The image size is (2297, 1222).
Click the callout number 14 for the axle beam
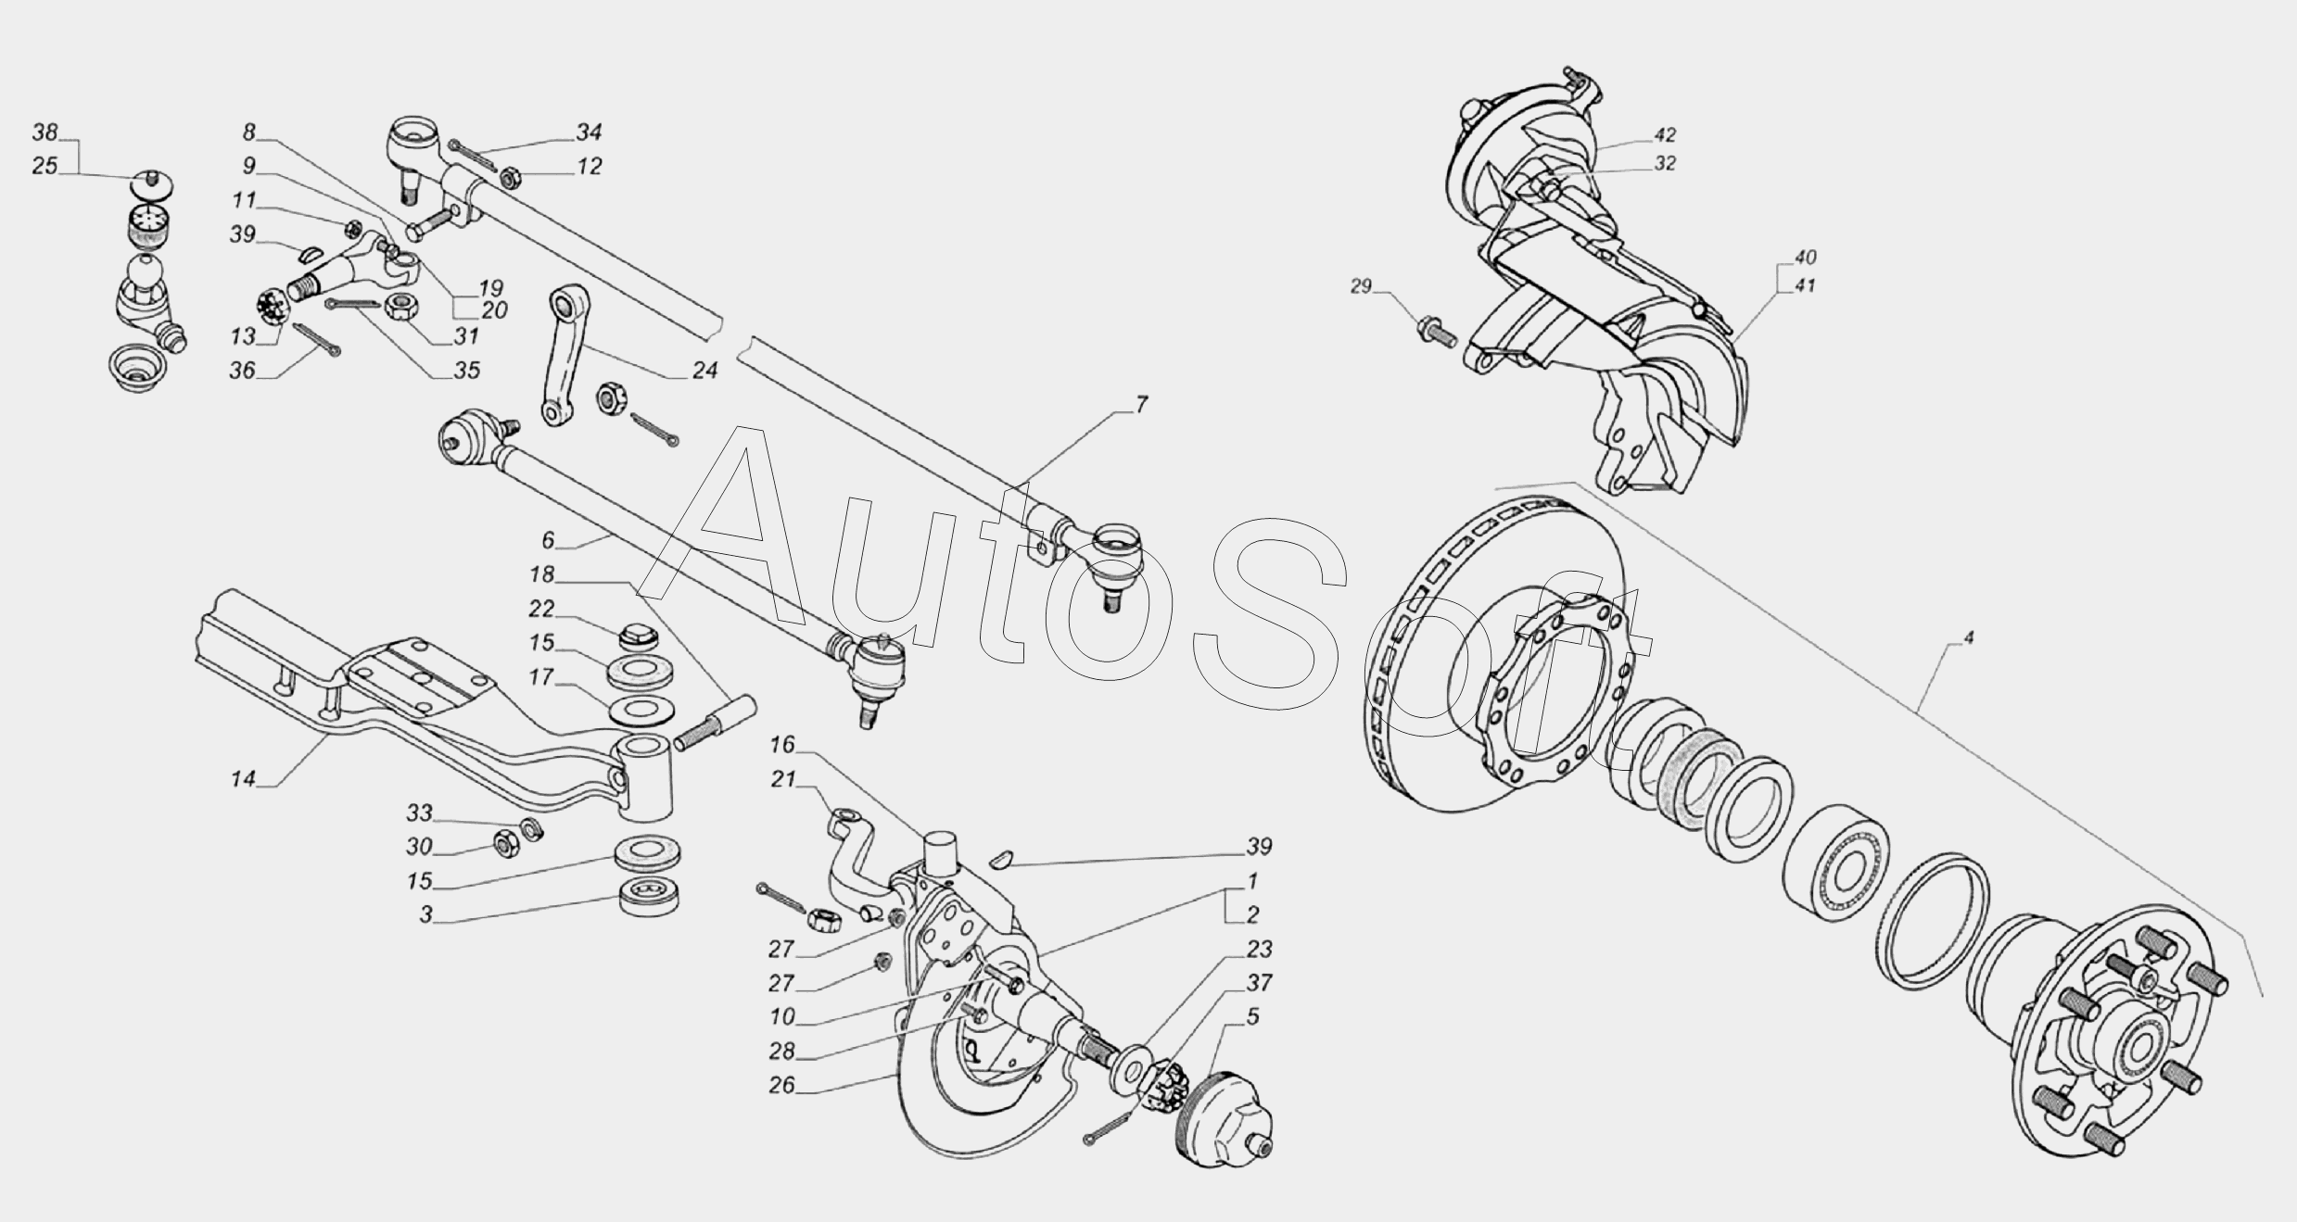pos(243,779)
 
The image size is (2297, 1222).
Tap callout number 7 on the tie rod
pos(1141,405)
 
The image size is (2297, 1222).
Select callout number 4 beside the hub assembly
pos(1968,637)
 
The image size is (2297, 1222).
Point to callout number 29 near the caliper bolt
pos(1360,286)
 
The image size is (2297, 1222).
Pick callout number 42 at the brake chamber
pos(1665,134)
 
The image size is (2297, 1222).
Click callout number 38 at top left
pos(44,132)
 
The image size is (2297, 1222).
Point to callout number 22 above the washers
pos(541,609)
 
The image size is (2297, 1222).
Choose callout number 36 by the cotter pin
pos(243,371)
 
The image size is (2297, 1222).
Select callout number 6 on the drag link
pos(548,540)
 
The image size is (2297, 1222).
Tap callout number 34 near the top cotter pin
pos(589,132)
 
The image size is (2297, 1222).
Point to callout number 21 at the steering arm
pos(784,779)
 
